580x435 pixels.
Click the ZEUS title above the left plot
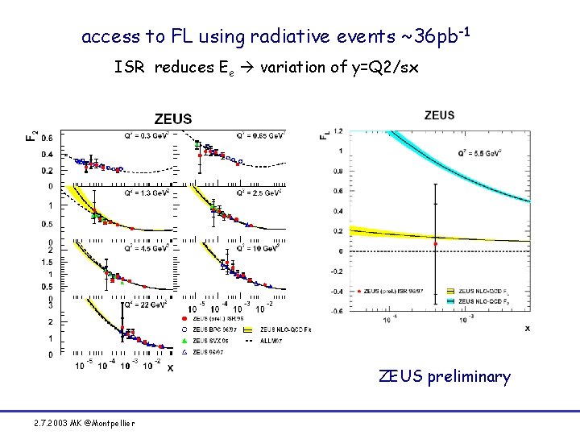coord(173,118)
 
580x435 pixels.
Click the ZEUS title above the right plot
coord(439,115)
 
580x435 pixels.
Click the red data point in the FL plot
coord(436,243)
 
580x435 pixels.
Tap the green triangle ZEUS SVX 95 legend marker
coord(186,341)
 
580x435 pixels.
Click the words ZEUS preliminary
coord(445,376)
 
